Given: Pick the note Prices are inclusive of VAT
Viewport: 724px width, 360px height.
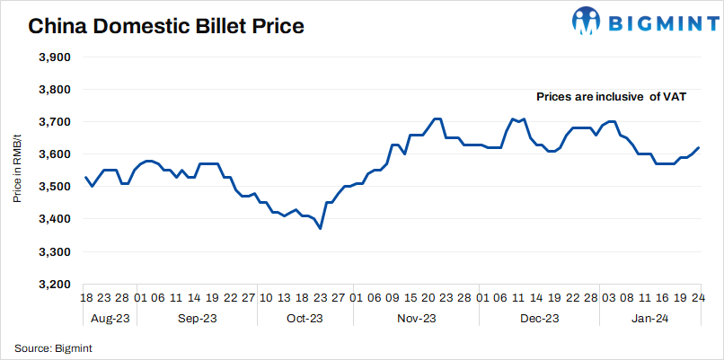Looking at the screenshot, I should pos(611,96).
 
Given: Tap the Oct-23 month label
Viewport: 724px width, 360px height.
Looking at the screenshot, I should pos(305,319).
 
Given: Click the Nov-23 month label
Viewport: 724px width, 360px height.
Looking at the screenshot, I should pos(417,319).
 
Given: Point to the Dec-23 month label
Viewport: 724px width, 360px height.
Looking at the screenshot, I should pos(541,319).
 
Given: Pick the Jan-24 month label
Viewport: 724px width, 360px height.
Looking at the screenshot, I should pos(649,319).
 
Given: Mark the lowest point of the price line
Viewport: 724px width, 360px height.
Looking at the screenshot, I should pos(321,229).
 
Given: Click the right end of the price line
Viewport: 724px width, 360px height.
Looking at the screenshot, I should pos(699,147).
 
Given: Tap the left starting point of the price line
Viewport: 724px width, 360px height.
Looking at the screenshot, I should pos(85,177).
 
